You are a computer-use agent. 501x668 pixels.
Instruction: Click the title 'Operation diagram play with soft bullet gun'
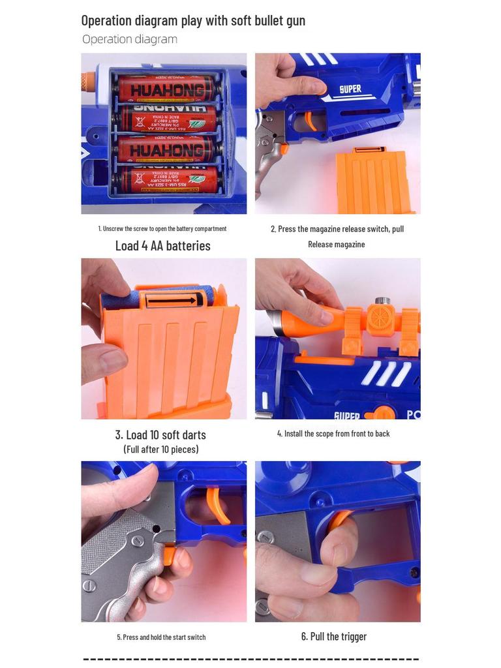(193, 20)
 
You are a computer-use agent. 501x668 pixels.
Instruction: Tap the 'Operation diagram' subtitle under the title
(130, 39)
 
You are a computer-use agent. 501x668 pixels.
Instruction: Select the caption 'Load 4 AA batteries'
(162, 246)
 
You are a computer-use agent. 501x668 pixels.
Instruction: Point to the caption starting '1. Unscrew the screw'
(162, 228)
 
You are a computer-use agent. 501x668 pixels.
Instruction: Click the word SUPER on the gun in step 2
(350, 89)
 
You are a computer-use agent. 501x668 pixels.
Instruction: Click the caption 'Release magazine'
(336, 245)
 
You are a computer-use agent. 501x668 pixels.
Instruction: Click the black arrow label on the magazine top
(171, 300)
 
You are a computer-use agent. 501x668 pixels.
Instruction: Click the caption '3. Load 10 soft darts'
(160, 435)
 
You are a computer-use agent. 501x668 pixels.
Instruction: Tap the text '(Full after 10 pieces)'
(161, 449)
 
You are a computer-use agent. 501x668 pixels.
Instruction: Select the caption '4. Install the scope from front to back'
(333, 434)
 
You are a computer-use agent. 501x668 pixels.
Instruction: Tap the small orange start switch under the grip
(169, 555)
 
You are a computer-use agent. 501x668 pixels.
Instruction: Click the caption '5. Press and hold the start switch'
(161, 637)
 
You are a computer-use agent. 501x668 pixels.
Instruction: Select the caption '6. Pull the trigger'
(334, 637)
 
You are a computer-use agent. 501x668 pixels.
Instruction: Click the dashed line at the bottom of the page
(250, 660)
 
